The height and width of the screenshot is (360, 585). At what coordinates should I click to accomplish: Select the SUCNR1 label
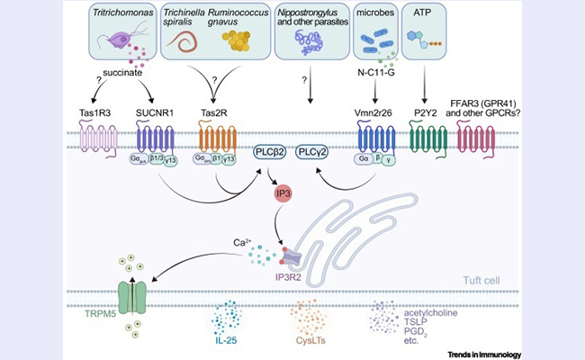pos(154,113)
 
